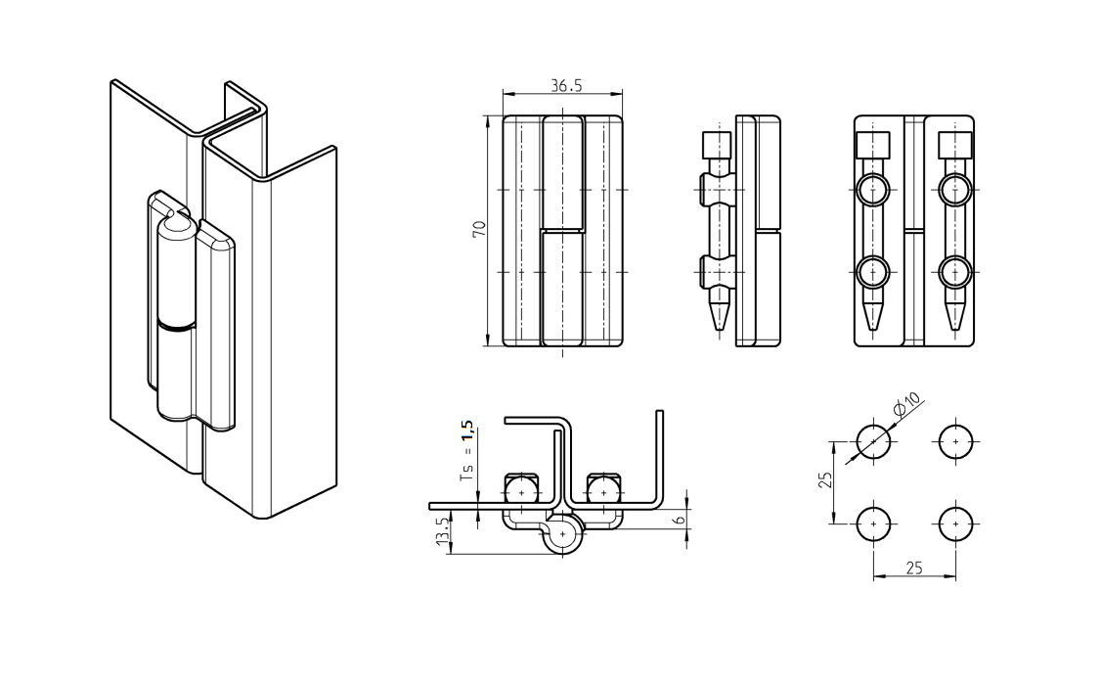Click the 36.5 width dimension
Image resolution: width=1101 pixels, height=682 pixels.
click(565, 86)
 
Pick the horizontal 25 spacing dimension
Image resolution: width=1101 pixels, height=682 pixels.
click(914, 568)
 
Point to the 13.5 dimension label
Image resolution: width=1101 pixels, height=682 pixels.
click(442, 534)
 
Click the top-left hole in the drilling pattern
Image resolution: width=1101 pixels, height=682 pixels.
click(872, 442)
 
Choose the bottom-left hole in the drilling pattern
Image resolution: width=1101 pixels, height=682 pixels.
click(872, 524)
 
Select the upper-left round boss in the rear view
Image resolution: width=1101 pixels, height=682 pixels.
click(872, 189)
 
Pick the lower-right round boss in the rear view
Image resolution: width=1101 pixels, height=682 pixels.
click(954, 270)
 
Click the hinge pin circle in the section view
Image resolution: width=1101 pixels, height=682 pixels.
click(564, 534)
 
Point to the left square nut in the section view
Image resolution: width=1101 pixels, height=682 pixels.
click(521, 487)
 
